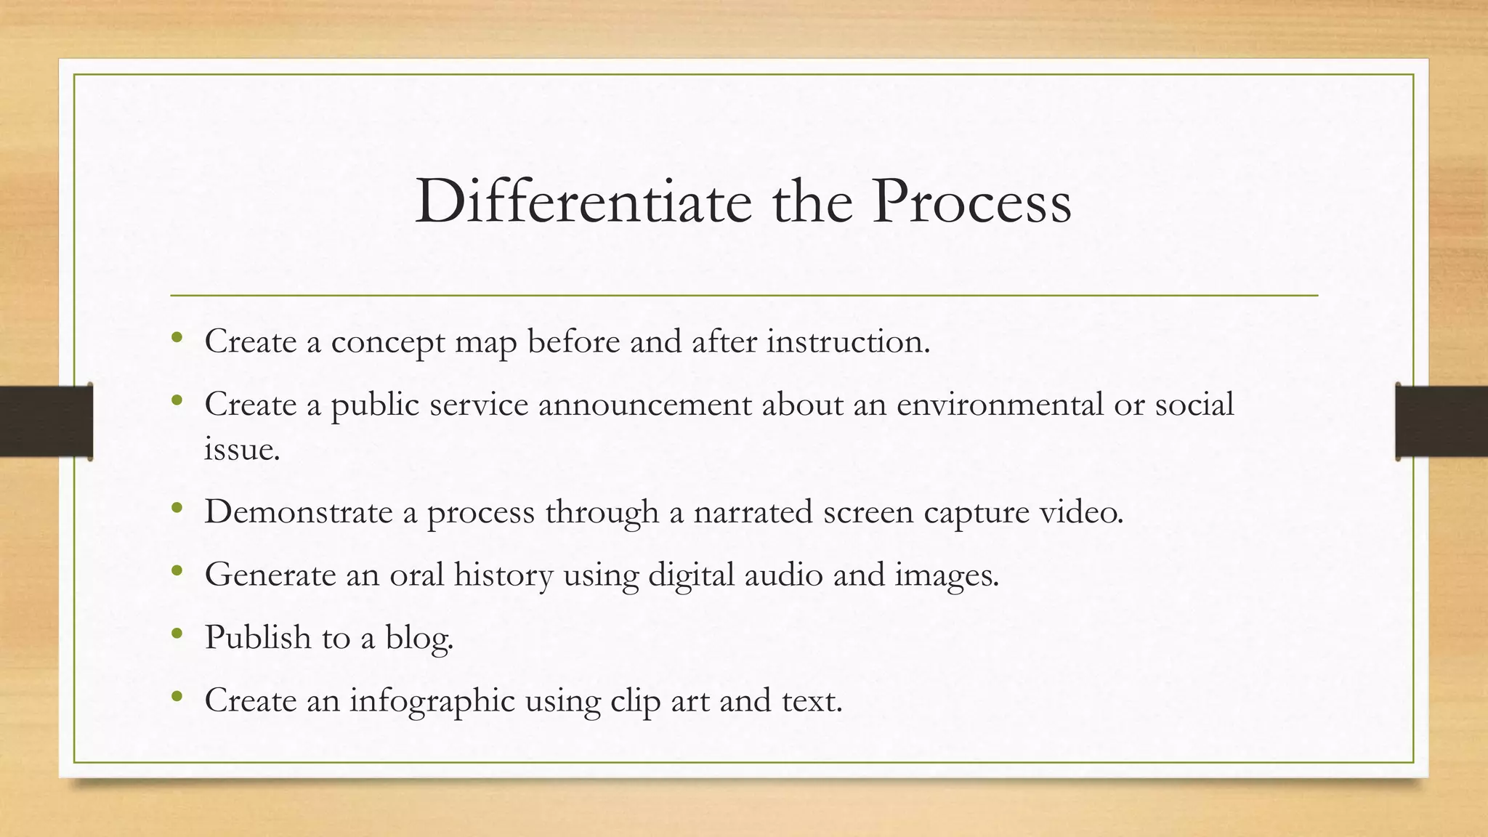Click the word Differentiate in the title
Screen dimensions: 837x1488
pos(583,202)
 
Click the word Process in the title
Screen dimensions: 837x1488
pos(972,202)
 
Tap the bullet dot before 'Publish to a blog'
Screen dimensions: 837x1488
pos(177,634)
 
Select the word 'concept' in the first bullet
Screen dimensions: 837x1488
pos(387,342)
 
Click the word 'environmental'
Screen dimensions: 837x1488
pos(1000,405)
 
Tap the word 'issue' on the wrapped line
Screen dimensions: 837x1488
pos(240,450)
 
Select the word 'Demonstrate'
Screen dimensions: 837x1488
pos(298,512)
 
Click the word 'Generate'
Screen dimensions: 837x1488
pos(270,575)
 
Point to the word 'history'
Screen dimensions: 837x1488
pos(503,575)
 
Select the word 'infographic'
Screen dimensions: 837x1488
pos(432,701)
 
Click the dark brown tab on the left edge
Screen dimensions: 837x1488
pos(46,421)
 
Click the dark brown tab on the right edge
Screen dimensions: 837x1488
pos(1441,421)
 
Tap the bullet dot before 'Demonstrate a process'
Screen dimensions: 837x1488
pos(177,509)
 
